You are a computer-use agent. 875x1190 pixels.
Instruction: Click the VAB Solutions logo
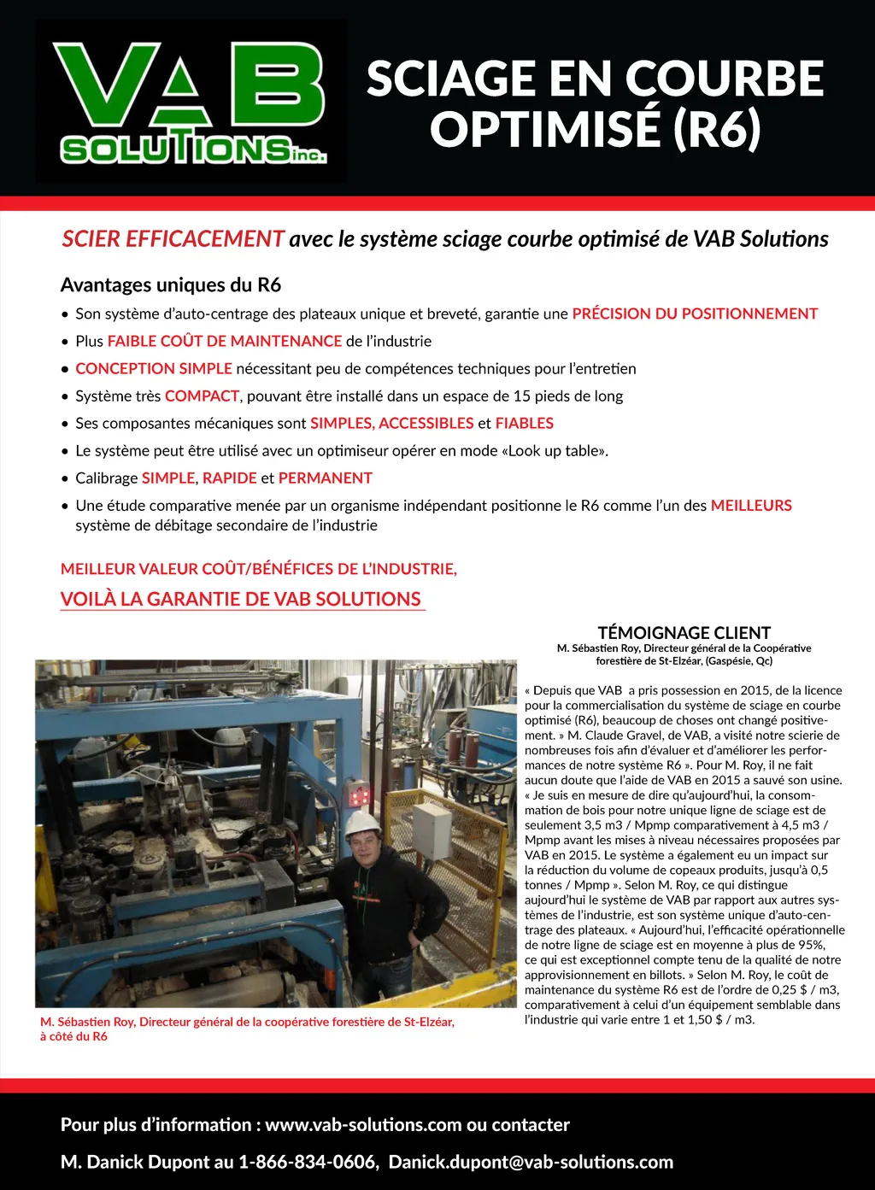coord(191,102)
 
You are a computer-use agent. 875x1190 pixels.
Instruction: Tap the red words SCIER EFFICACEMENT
coord(173,239)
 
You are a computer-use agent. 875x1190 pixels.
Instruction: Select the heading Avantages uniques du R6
coord(171,285)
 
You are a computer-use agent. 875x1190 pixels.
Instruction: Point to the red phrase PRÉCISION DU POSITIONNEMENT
coord(695,314)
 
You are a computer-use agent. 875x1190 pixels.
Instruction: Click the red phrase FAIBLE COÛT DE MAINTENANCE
coord(225,341)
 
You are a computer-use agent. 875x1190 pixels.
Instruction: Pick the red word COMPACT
coord(202,396)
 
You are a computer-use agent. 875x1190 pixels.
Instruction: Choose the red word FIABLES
coord(525,423)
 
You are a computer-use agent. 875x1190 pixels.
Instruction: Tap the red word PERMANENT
coord(326,478)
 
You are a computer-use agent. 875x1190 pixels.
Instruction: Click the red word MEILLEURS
coord(751,505)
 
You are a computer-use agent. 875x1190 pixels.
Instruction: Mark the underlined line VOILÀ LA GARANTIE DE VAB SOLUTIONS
coord(241,599)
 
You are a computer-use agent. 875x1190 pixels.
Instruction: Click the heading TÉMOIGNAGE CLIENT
coord(684,633)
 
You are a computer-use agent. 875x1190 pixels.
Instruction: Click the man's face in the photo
coord(361,843)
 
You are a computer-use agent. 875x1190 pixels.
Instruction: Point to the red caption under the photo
coord(247,1029)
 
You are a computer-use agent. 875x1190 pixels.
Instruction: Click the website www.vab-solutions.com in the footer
coord(363,1124)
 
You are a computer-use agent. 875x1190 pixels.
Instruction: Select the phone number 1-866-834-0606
coord(308,1162)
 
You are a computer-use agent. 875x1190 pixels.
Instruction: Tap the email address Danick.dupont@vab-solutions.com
coord(531,1162)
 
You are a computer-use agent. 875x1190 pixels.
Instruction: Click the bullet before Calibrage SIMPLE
coord(65,478)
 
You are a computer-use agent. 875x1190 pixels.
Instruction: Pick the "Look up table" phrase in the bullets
coord(557,450)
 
